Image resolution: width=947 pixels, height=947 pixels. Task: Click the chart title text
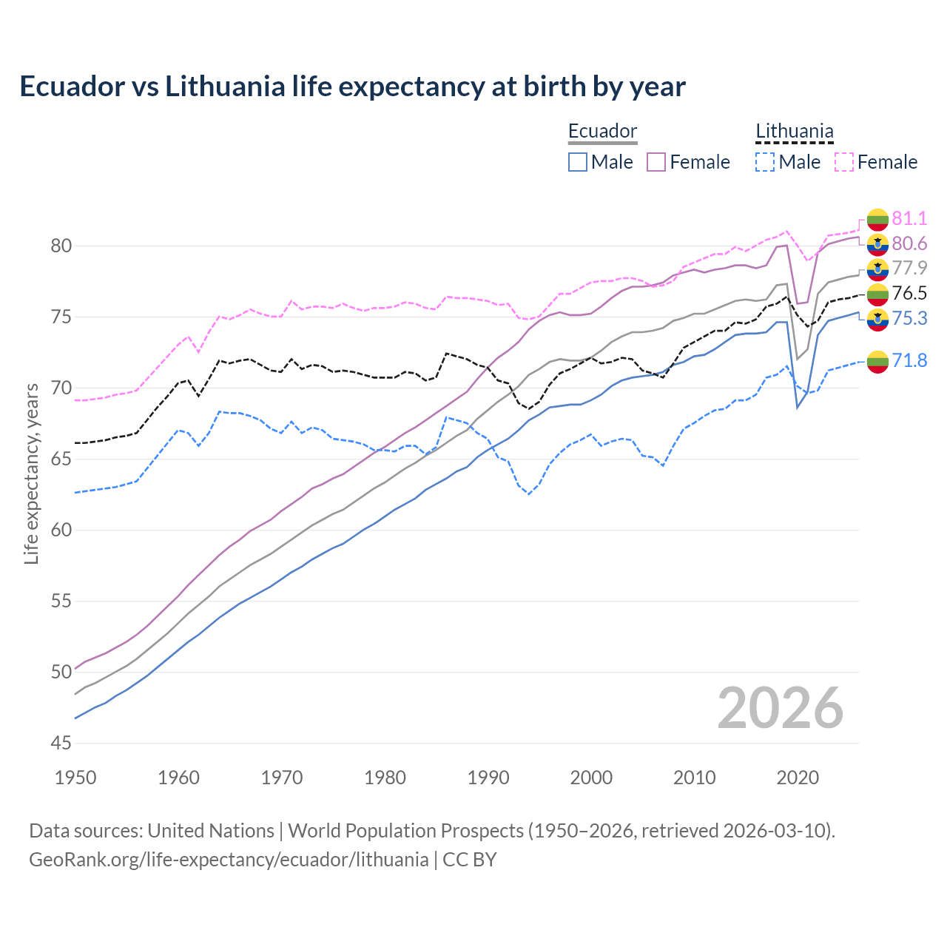(x=352, y=87)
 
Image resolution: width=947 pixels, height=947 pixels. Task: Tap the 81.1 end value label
(x=909, y=218)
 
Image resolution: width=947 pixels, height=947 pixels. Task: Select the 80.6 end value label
(x=909, y=243)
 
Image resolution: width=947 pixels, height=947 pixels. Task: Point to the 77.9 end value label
(x=909, y=268)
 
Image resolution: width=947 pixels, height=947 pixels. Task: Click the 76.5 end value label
(x=909, y=293)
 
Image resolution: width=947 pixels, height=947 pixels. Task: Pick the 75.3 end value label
(x=909, y=318)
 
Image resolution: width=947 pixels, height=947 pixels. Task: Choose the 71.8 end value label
(x=909, y=360)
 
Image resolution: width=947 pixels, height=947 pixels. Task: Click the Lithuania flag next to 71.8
(x=877, y=361)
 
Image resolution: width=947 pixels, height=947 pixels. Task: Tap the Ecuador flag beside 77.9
(x=877, y=269)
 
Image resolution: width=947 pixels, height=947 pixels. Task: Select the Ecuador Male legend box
(x=578, y=162)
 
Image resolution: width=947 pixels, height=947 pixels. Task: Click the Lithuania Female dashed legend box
(x=844, y=162)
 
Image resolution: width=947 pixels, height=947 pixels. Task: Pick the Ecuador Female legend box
(x=656, y=162)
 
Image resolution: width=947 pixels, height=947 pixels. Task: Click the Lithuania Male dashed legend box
(x=765, y=162)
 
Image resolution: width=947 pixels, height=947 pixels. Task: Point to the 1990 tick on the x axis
(x=488, y=778)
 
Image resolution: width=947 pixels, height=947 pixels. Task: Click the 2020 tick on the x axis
(x=798, y=778)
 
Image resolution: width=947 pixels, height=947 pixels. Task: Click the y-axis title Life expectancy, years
(x=31, y=473)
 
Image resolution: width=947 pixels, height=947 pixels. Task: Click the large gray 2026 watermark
(x=781, y=708)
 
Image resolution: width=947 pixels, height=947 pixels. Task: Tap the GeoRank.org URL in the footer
(x=229, y=860)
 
